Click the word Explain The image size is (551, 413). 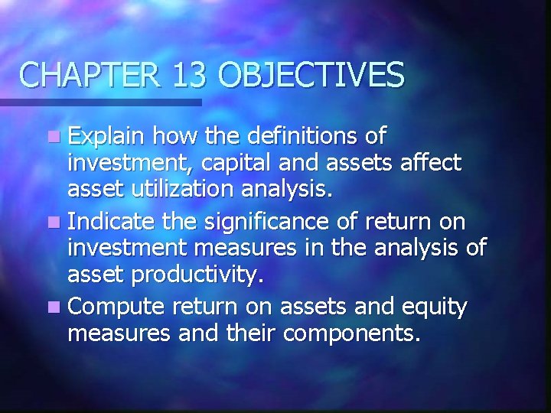106,138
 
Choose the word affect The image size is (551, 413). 433,162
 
